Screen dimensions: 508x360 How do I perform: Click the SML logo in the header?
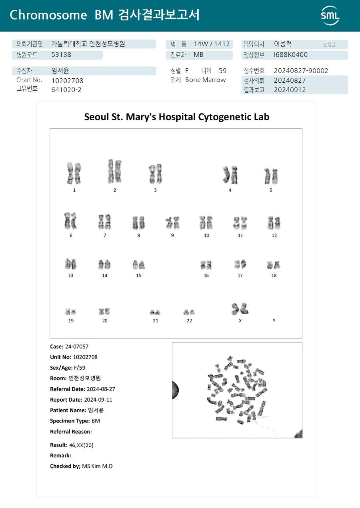(x=330, y=16)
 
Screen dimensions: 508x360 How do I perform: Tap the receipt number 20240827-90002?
(x=301, y=71)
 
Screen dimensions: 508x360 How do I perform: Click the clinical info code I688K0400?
(x=290, y=55)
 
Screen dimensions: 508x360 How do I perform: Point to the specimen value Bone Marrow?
(x=205, y=80)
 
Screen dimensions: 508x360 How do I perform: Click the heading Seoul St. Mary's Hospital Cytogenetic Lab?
(x=176, y=117)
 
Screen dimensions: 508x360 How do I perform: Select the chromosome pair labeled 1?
(x=74, y=173)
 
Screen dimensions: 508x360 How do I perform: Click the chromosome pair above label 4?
(x=230, y=174)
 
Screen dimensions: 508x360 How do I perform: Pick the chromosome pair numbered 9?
(x=172, y=222)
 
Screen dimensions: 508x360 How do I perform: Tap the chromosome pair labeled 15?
(x=138, y=265)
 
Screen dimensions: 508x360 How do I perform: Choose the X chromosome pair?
(x=240, y=308)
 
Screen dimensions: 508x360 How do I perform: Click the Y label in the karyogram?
(x=274, y=321)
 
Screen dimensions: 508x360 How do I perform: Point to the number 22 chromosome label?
(x=189, y=321)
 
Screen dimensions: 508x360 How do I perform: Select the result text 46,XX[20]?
(x=81, y=445)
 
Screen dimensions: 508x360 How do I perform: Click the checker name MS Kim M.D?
(x=97, y=466)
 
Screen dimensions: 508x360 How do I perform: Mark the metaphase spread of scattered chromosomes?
(x=237, y=390)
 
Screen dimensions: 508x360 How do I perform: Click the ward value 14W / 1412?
(x=212, y=44)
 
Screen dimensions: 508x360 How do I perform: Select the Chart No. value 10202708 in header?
(x=67, y=80)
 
